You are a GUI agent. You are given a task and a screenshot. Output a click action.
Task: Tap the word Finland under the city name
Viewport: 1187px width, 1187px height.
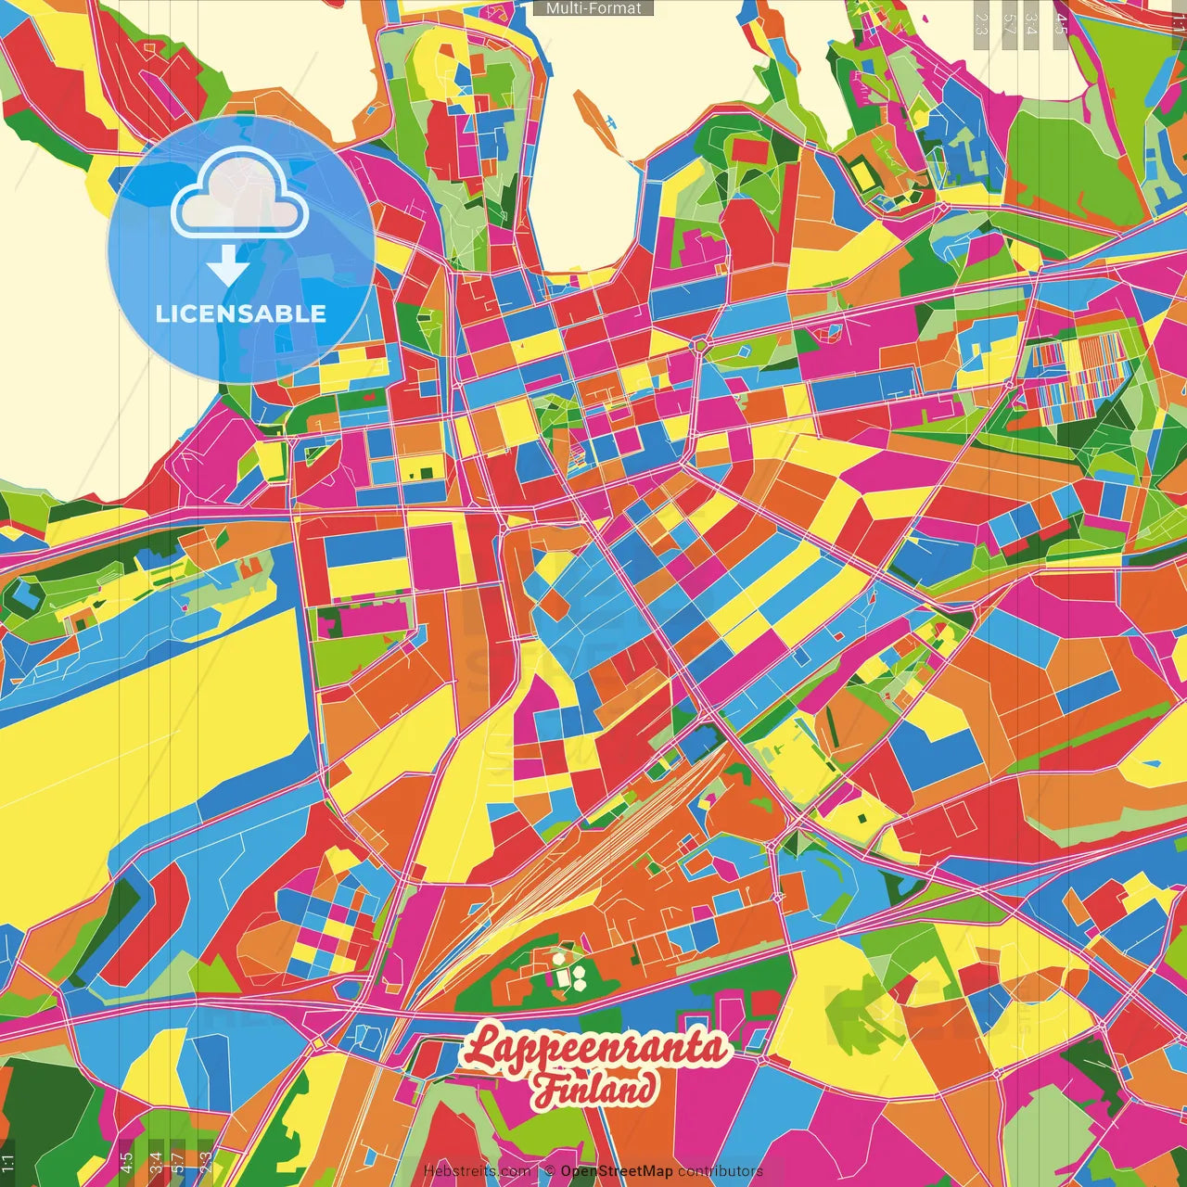594,1089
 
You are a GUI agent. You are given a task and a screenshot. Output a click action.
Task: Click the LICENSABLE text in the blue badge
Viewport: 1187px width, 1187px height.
241,313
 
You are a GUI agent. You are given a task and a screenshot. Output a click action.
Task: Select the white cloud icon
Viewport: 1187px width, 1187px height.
240,192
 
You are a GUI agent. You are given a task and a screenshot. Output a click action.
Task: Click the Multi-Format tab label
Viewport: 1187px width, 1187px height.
593,8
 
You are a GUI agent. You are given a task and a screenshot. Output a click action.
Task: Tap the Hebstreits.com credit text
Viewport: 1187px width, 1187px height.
477,1171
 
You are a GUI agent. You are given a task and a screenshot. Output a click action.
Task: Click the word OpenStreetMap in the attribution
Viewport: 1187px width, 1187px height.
617,1171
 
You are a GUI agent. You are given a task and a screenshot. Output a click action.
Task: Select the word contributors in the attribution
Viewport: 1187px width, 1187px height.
721,1171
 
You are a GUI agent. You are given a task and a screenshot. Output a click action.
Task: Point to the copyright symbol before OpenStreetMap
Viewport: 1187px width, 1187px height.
550,1171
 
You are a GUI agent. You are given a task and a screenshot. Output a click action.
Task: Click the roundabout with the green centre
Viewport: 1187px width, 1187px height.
701,346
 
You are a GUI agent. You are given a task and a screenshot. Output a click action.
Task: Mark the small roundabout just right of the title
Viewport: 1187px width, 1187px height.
761,1058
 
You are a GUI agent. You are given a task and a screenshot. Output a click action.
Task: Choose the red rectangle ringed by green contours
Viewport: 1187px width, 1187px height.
749,151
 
